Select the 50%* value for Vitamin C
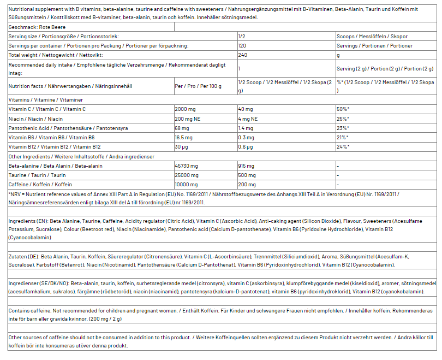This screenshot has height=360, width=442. [x=343, y=109]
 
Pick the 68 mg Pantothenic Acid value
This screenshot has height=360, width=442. [x=182, y=128]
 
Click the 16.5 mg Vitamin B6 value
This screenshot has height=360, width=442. [x=183, y=137]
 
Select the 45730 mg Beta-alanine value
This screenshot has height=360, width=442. [x=186, y=166]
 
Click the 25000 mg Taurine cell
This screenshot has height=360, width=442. [x=186, y=175]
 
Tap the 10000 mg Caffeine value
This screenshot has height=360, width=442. [x=186, y=184]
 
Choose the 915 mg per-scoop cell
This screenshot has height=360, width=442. [x=246, y=166]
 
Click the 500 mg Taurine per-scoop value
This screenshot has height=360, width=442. [x=247, y=175]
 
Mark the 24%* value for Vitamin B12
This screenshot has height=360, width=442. [x=343, y=146]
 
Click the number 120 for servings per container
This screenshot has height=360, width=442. [x=242, y=45]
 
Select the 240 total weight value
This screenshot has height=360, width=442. [x=242, y=55]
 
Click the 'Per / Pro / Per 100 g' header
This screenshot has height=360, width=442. [x=199, y=86]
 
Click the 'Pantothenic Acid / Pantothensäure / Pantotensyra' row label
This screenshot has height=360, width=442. [x=68, y=128]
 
